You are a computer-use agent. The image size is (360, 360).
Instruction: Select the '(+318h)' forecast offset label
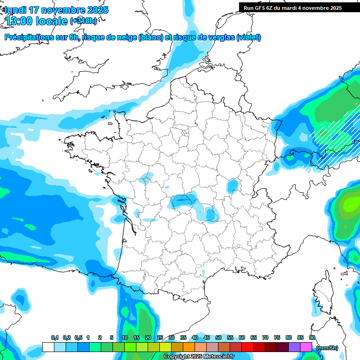click(x=84, y=21)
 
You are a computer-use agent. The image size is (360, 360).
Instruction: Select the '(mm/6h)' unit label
click(x=327, y=348)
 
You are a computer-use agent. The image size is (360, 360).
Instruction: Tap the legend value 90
click(x=312, y=337)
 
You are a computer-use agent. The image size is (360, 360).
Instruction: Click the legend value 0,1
click(x=55, y=337)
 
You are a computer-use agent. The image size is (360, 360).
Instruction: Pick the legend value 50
click(x=218, y=337)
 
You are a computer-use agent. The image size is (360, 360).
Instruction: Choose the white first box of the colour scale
click(x=48, y=347)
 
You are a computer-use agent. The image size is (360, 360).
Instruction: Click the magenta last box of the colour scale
click(x=306, y=347)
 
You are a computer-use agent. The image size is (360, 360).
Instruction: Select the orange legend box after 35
click(x=189, y=347)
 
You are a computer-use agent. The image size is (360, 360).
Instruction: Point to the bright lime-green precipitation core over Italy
click(x=350, y=204)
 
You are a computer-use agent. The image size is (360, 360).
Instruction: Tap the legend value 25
click(x=160, y=337)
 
